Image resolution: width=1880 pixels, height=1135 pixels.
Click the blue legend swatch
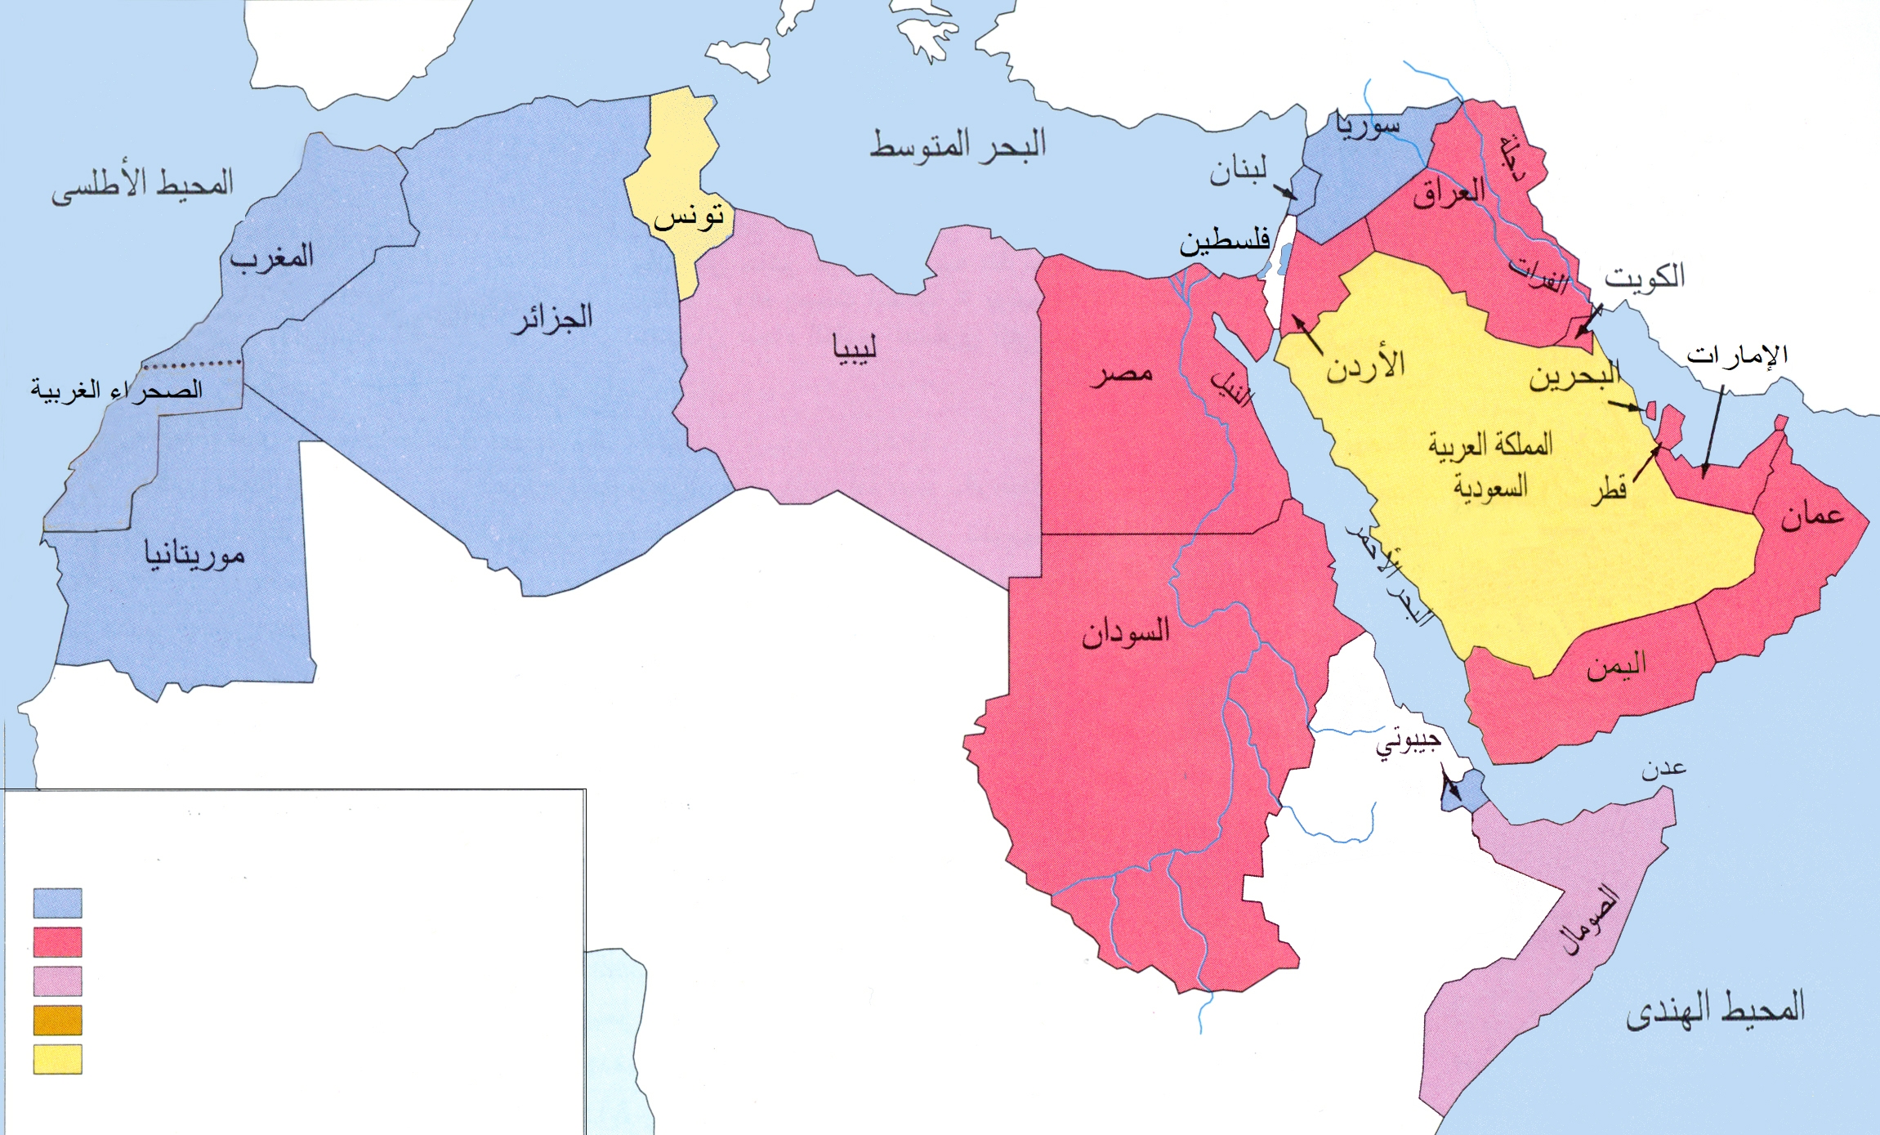point(57,903)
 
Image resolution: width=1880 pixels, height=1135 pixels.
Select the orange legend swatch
point(57,1020)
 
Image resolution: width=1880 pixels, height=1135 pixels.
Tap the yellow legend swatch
point(57,1059)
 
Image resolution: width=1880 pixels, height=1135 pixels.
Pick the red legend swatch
point(57,941)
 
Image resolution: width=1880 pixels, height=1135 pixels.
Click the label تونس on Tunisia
point(689,217)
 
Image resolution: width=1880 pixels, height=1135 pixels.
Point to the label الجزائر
point(552,317)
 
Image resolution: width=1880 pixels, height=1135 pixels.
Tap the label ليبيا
point(855,348)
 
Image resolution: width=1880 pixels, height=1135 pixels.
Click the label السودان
point(1125,633)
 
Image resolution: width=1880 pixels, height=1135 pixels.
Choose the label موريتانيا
point(194,555)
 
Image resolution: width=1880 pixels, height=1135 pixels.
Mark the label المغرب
point(271,257)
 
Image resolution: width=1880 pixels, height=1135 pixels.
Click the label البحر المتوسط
point(957,145)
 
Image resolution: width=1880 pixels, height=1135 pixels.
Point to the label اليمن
point(1616,666)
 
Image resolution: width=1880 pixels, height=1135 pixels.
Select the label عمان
point(1812,515)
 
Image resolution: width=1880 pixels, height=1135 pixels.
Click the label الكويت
point(1645,277)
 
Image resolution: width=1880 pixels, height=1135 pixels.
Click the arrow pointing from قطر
point(1647,462)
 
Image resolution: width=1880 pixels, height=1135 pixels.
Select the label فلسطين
point(1224,241)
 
